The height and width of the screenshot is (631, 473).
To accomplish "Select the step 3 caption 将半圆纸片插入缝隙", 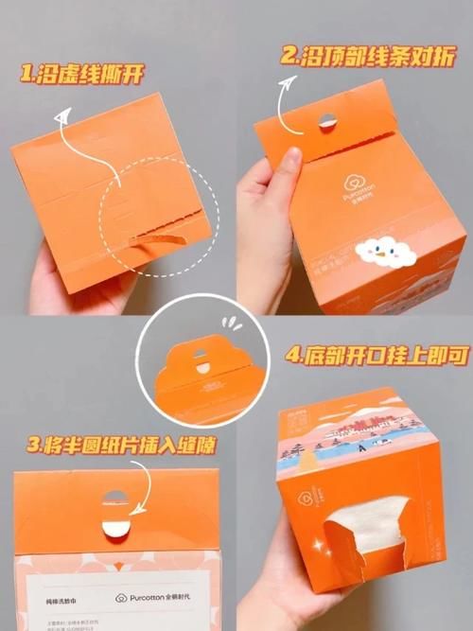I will point(114,444).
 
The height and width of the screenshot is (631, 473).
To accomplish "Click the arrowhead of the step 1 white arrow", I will point(63,118).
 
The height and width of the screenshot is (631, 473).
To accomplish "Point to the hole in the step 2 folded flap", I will point(326,120).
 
